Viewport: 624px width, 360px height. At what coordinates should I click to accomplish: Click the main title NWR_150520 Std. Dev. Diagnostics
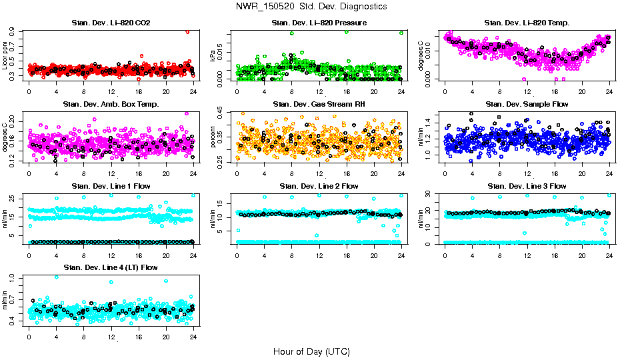(x=311, y=6)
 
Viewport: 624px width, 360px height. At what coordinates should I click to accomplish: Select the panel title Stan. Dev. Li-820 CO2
(x=111, y=23)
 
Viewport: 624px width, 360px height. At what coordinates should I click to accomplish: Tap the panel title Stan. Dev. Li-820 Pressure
(x=319, y=23)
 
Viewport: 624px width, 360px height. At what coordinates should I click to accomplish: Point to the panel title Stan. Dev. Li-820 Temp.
(x=527, y=23)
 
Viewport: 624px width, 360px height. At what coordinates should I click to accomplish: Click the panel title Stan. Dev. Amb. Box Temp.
(x=111, y=105)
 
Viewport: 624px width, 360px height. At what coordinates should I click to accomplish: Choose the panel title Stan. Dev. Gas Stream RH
(x=319, y=105)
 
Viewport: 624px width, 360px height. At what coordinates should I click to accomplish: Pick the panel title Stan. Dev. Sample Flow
(x=527, y=105)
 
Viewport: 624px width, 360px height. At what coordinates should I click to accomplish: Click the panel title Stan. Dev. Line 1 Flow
(x=111, y=186)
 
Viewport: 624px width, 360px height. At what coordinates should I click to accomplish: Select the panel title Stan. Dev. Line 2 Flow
(x=319, y=186)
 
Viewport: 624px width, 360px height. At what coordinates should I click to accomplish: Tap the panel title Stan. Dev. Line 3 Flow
(x=527, y=186)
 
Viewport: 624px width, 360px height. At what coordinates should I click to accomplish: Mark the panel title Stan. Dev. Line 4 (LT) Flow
(x=111, y=267)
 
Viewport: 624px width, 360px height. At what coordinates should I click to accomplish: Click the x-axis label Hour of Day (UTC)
(x=311, y=351)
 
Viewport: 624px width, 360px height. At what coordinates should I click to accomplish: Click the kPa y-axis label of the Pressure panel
(x=213, y=57)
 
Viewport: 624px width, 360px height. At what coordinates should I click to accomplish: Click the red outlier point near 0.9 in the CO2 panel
(x=188, y=31)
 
